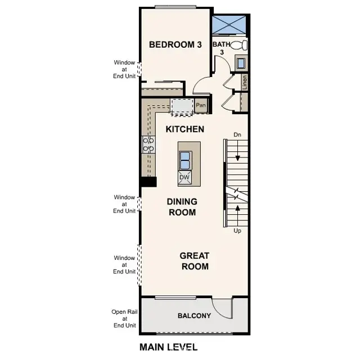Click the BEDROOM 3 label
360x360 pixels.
tap(175, 45)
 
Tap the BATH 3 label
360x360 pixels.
tap(221, 47)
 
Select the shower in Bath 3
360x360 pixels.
tap(229, 26)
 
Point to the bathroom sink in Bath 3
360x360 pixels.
tap(241, 63)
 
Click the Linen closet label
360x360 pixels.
tap(245, 82)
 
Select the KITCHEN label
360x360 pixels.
tap(184, 129)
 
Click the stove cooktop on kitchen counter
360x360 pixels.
tap(148, 145)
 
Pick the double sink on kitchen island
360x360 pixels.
tap(184, 160)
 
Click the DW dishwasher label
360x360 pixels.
tap(184, 178)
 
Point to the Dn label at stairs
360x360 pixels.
tap(237, 135)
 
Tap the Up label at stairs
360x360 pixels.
tap(237, 230)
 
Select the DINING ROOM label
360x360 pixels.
tap(182, 206)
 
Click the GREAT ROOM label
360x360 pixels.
tap(194, 260)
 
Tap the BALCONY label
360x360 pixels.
tap(194, 316)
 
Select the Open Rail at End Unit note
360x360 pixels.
tap(124, 318)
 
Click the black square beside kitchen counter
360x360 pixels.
tap(148, 181)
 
